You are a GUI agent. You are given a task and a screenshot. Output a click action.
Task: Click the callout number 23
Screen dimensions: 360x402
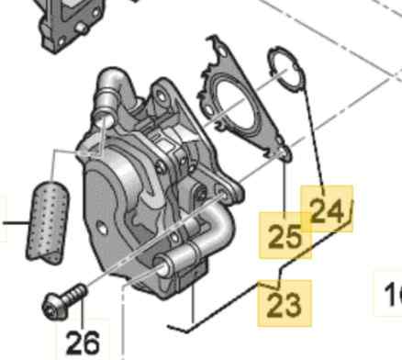coord(284,302)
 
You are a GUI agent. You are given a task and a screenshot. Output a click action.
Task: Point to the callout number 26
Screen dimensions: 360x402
coord(83,341)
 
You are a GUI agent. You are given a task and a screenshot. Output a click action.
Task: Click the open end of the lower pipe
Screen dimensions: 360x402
coord(163,267)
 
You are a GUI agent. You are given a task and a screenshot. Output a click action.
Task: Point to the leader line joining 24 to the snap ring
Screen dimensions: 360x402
coord(307,138)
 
